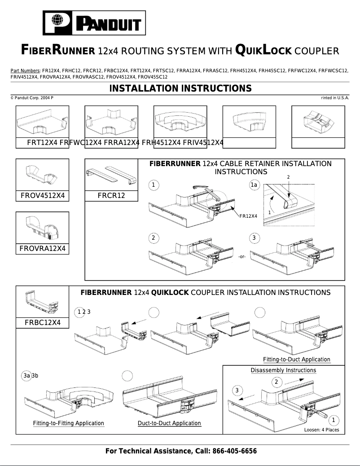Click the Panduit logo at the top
(94, 23)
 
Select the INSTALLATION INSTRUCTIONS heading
(180, 88)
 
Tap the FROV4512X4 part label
(43, 196)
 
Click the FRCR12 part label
(111, 196)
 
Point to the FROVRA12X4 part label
(43, 249)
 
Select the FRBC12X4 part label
(43, 323)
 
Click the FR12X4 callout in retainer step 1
(248, 216)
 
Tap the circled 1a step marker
(255, 185)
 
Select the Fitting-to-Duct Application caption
(296, 360)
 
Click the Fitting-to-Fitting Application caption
(68, 423)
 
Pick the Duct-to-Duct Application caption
(169, 423)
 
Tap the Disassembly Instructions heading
(283, 370)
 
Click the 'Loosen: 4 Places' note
(321, 430)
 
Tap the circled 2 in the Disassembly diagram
(277, 382)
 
